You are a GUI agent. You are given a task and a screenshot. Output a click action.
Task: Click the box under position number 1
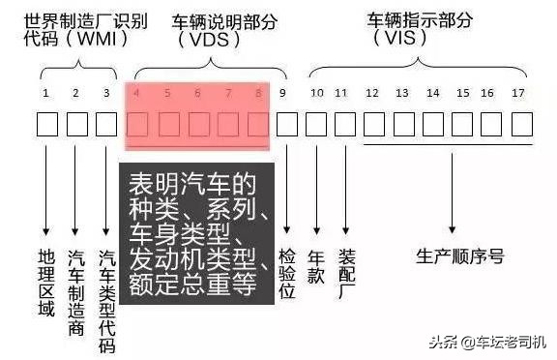(47, 125)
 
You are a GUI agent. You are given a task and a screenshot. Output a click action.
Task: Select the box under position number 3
(107, 125)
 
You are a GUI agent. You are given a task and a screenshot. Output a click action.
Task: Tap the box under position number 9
(287, 125)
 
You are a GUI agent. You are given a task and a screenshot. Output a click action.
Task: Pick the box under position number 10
(316, 125)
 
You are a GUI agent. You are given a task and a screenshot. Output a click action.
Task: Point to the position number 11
(340, 93)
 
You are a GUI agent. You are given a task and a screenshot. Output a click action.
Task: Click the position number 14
(433, 93)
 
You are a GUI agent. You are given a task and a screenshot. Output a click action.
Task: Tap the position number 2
(75, 93)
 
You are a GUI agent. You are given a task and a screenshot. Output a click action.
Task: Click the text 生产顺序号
(459, 255)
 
